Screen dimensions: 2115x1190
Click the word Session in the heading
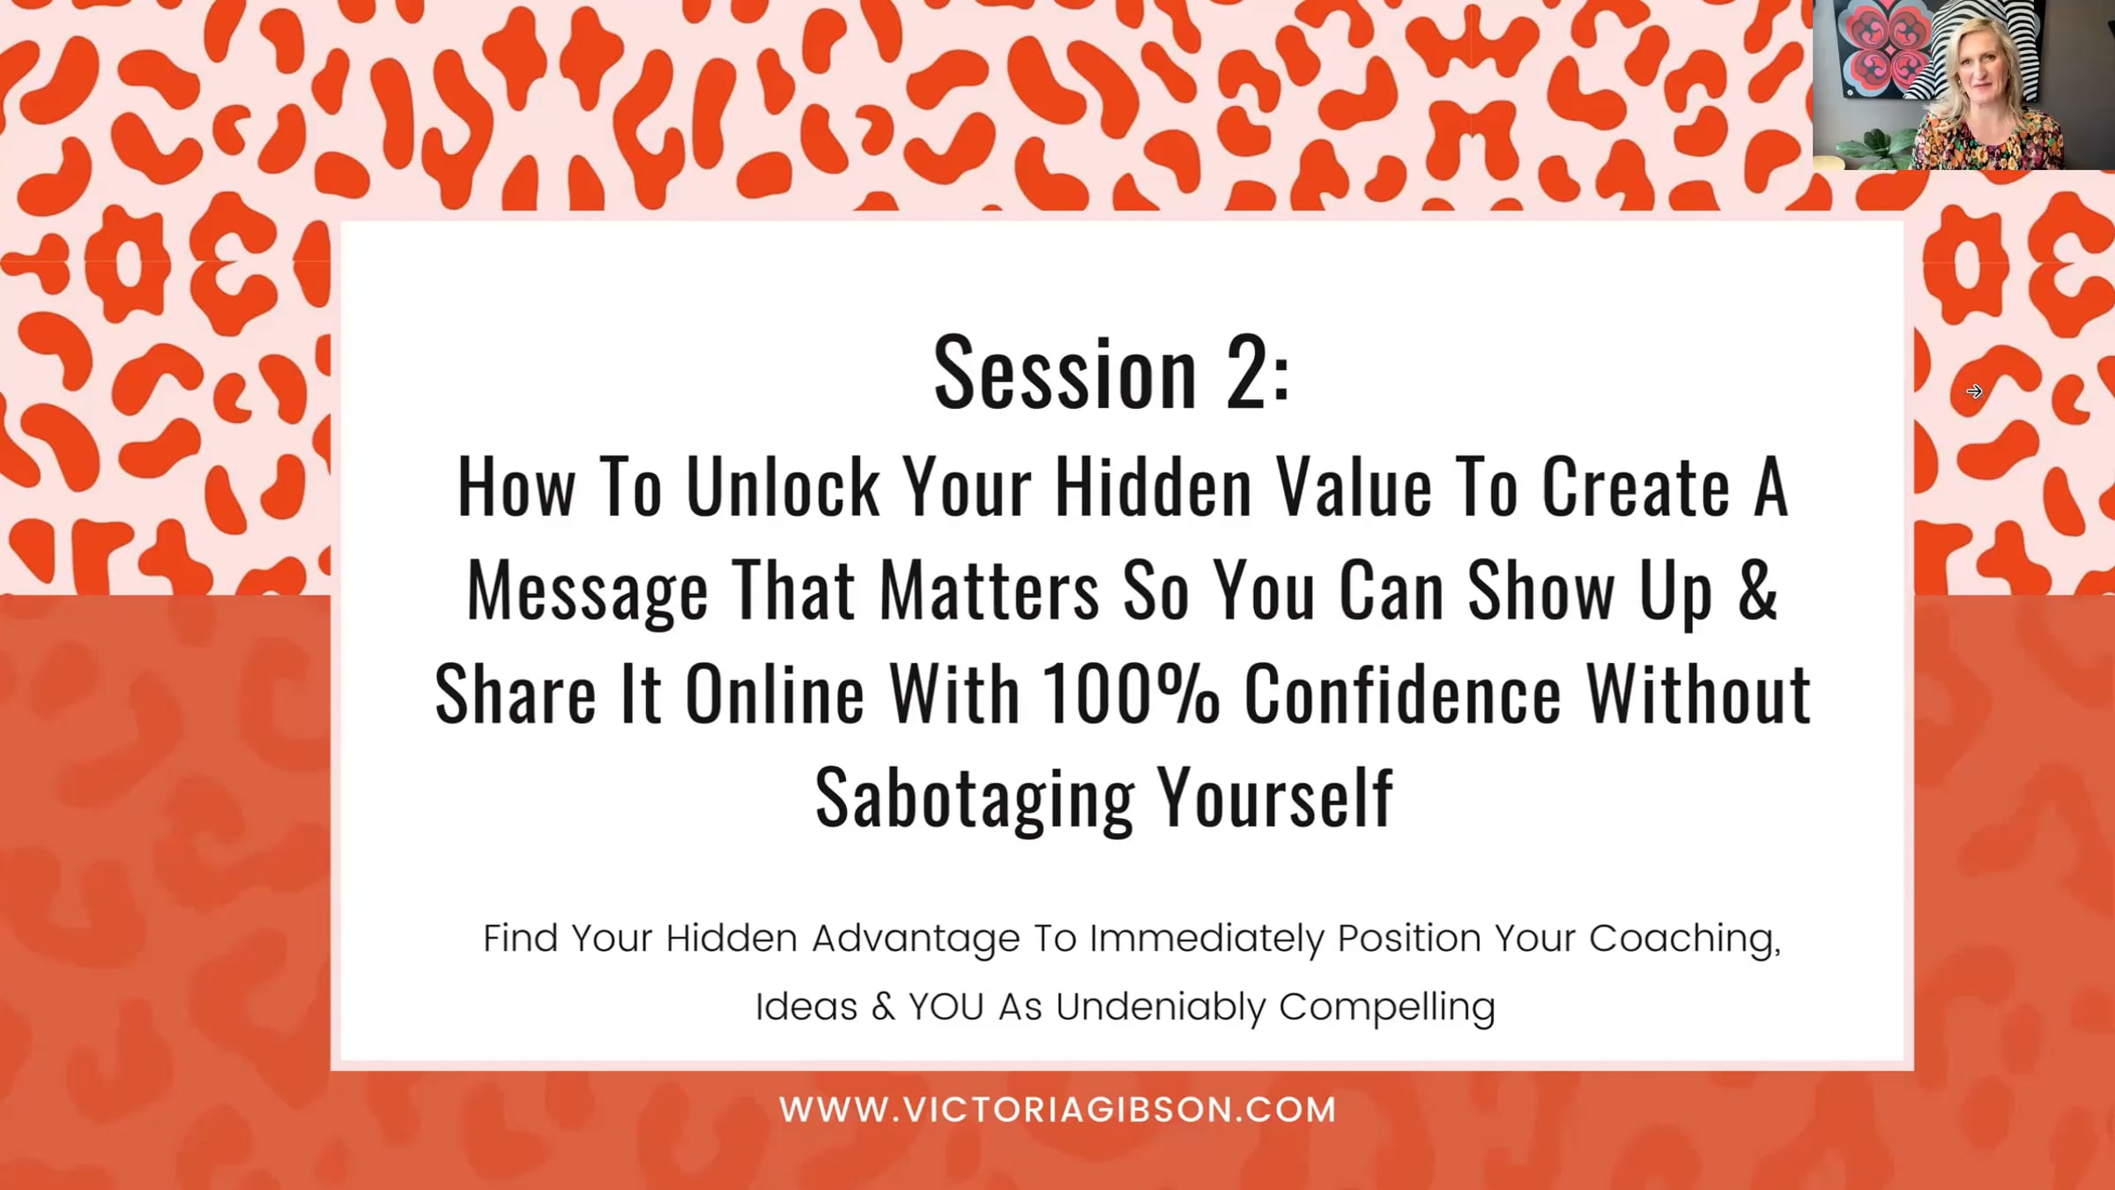(x=1065, y=374)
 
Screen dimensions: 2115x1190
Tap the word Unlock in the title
(x=783, y=487)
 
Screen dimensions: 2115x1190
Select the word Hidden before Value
(x=1154, y=487)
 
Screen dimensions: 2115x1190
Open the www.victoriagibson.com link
(x=1057, y=1110)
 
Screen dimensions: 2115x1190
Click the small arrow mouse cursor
(x=1974, y=391)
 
